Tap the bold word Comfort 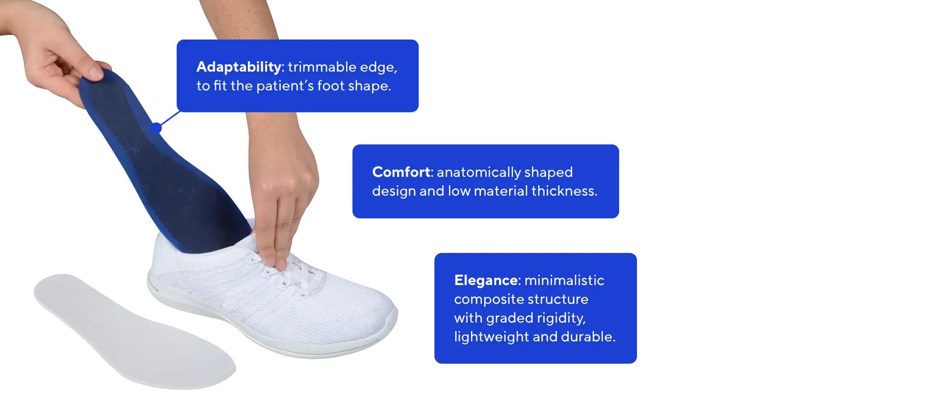402,172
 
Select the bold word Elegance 486,281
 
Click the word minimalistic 564,280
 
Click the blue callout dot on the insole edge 156,128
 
